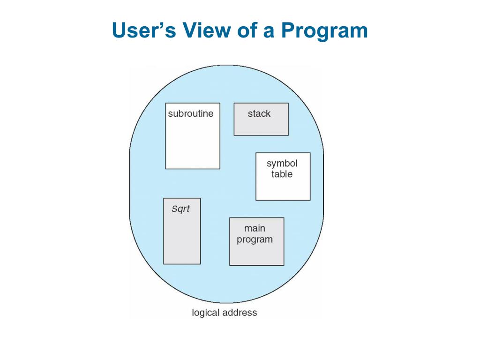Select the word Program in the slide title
point(324,31)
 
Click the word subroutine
point(190,113)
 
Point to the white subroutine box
point(193,143)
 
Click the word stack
point(259,113)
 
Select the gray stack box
point(261,125)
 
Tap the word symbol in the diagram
point(282,164)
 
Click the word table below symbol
point(282,174)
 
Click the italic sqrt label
point(180,209)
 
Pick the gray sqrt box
point(182,239)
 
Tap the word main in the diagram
point(255,228)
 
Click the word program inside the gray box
point(255,240)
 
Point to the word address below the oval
point(240,313)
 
